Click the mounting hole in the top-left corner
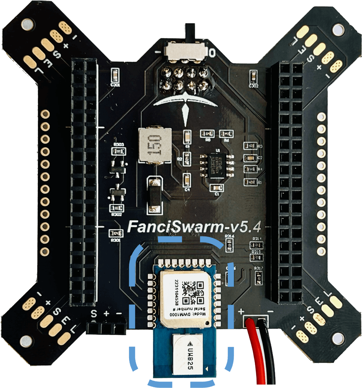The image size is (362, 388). click(x=26, y=25)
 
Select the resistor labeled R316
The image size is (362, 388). click(x=229, y=245)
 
